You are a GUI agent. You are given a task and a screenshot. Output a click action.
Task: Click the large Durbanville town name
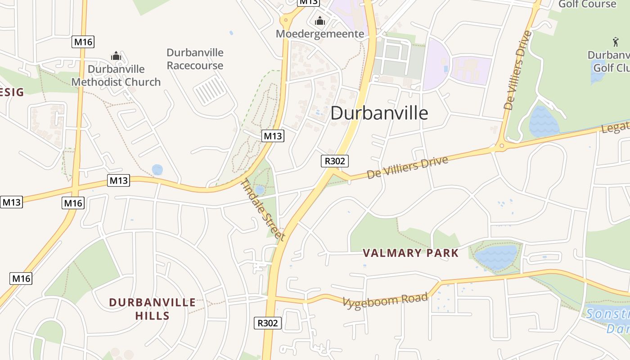379,113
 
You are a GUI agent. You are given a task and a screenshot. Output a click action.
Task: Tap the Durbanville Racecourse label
195,59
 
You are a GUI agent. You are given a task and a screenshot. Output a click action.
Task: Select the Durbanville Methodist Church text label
116,76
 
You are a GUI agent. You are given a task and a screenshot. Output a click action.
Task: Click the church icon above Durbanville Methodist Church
116,56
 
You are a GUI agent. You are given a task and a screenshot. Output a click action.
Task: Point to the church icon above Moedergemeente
320,21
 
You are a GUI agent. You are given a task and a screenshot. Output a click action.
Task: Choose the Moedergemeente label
320,34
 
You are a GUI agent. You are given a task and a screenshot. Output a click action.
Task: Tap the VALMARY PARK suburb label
410,253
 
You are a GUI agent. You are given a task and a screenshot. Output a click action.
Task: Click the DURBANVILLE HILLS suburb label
153,309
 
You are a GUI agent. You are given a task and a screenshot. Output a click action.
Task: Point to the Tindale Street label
264,210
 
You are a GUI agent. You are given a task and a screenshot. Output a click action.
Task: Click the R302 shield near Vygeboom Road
268,323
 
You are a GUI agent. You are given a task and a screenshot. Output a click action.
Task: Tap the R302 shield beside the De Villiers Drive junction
335,161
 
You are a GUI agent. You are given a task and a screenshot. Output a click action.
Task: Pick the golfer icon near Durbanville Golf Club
616,42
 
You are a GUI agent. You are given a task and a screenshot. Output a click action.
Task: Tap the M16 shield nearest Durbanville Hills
21,279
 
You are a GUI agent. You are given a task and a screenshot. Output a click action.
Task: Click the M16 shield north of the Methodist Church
83,42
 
